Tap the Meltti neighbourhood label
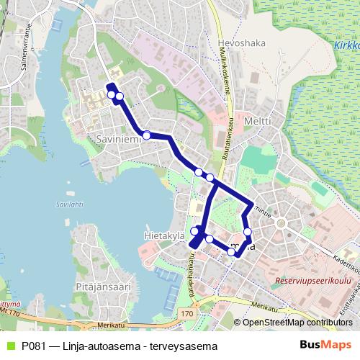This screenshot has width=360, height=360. tap(257, 121)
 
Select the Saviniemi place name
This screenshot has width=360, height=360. tap(115, 138)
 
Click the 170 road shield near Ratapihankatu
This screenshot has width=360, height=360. tap(187, 315)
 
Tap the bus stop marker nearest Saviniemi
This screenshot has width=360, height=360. tap(146, 135)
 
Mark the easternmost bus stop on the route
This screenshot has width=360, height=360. tap(248, 232)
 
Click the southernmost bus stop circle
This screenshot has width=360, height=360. tap(231, 252)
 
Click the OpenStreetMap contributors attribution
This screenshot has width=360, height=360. tap(297, 322)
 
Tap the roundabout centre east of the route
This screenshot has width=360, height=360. tap(281, 223)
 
